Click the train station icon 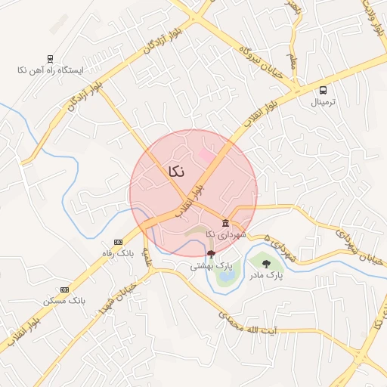click(x=50, y=58)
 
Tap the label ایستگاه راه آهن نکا click(x=50, y=70)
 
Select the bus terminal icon click(x=324, y=90)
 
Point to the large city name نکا click(x=172, y=172)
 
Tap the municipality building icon click(x=226, y=222)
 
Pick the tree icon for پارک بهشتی click(x=210, y=255)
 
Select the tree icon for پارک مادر click(x=266, y=263)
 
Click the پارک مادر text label click(x=267, y=275)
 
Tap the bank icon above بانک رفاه click(x=117, y=242)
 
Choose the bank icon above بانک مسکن click(x=64, y=289)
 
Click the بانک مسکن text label click(x=64, y=301)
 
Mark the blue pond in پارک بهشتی click(x=225, y=276)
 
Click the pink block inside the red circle click(x=206, y=155)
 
